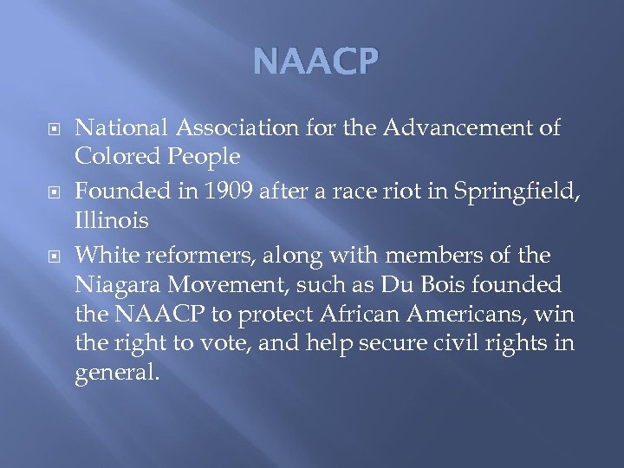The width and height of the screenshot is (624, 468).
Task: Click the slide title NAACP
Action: (x=316, y=62)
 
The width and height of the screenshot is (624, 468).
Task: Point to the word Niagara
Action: (x=113, y=285)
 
